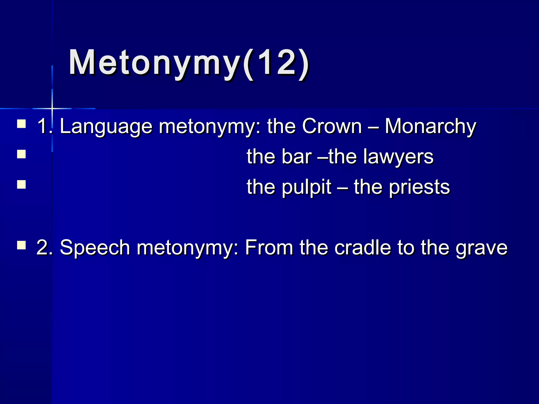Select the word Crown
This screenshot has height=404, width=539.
[332, 126]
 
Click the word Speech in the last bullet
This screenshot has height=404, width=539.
[95, 248]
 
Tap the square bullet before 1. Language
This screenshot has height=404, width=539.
[21, 124]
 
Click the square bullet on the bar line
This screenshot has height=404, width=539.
[21, 154]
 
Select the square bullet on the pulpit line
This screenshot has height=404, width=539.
[21, 184]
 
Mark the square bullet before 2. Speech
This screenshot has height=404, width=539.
[21, 245]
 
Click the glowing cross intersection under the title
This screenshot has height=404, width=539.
[52, 108]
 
